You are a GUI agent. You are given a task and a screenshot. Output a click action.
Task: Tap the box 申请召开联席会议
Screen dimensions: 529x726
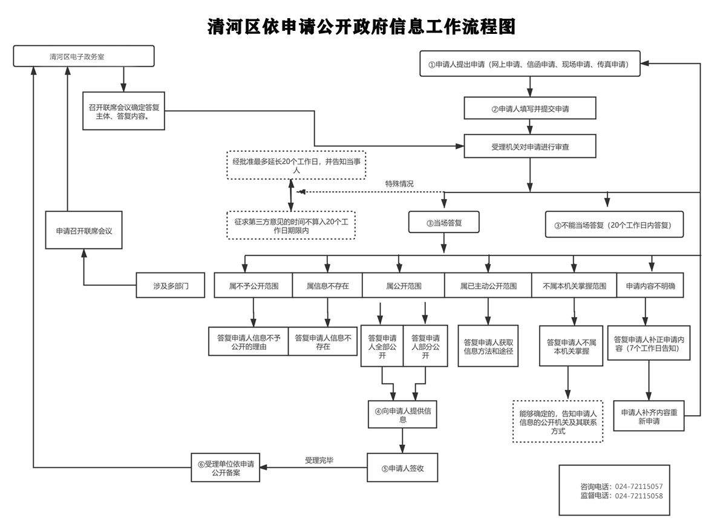84,231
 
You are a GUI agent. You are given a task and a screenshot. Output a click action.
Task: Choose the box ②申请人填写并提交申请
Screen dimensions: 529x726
530,109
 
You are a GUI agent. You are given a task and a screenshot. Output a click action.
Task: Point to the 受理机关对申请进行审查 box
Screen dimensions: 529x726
530,146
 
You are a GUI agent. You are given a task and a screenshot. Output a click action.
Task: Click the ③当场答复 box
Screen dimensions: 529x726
444,223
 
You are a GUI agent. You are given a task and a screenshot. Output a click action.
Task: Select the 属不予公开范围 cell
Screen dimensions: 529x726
253,286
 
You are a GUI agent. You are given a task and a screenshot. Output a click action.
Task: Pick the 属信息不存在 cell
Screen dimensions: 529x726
327,286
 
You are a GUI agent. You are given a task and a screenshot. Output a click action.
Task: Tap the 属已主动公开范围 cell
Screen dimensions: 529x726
488,286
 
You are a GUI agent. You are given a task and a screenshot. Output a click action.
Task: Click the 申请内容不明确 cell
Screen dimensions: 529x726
650,286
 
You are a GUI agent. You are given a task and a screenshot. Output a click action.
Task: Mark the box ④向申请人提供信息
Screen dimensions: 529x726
403,414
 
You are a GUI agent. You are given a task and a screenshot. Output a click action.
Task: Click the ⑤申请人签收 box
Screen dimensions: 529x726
402,468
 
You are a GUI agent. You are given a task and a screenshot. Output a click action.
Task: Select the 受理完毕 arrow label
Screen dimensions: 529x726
319,461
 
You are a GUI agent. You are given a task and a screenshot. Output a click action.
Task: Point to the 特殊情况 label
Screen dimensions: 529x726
399,183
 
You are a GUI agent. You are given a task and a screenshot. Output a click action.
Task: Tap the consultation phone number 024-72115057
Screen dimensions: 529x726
638,487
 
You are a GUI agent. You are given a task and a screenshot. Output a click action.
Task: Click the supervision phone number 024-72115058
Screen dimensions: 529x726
638,496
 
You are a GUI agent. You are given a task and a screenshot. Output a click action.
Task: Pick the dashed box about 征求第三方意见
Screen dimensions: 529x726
291,225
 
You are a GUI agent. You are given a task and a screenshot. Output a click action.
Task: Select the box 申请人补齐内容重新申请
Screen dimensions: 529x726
649,416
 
